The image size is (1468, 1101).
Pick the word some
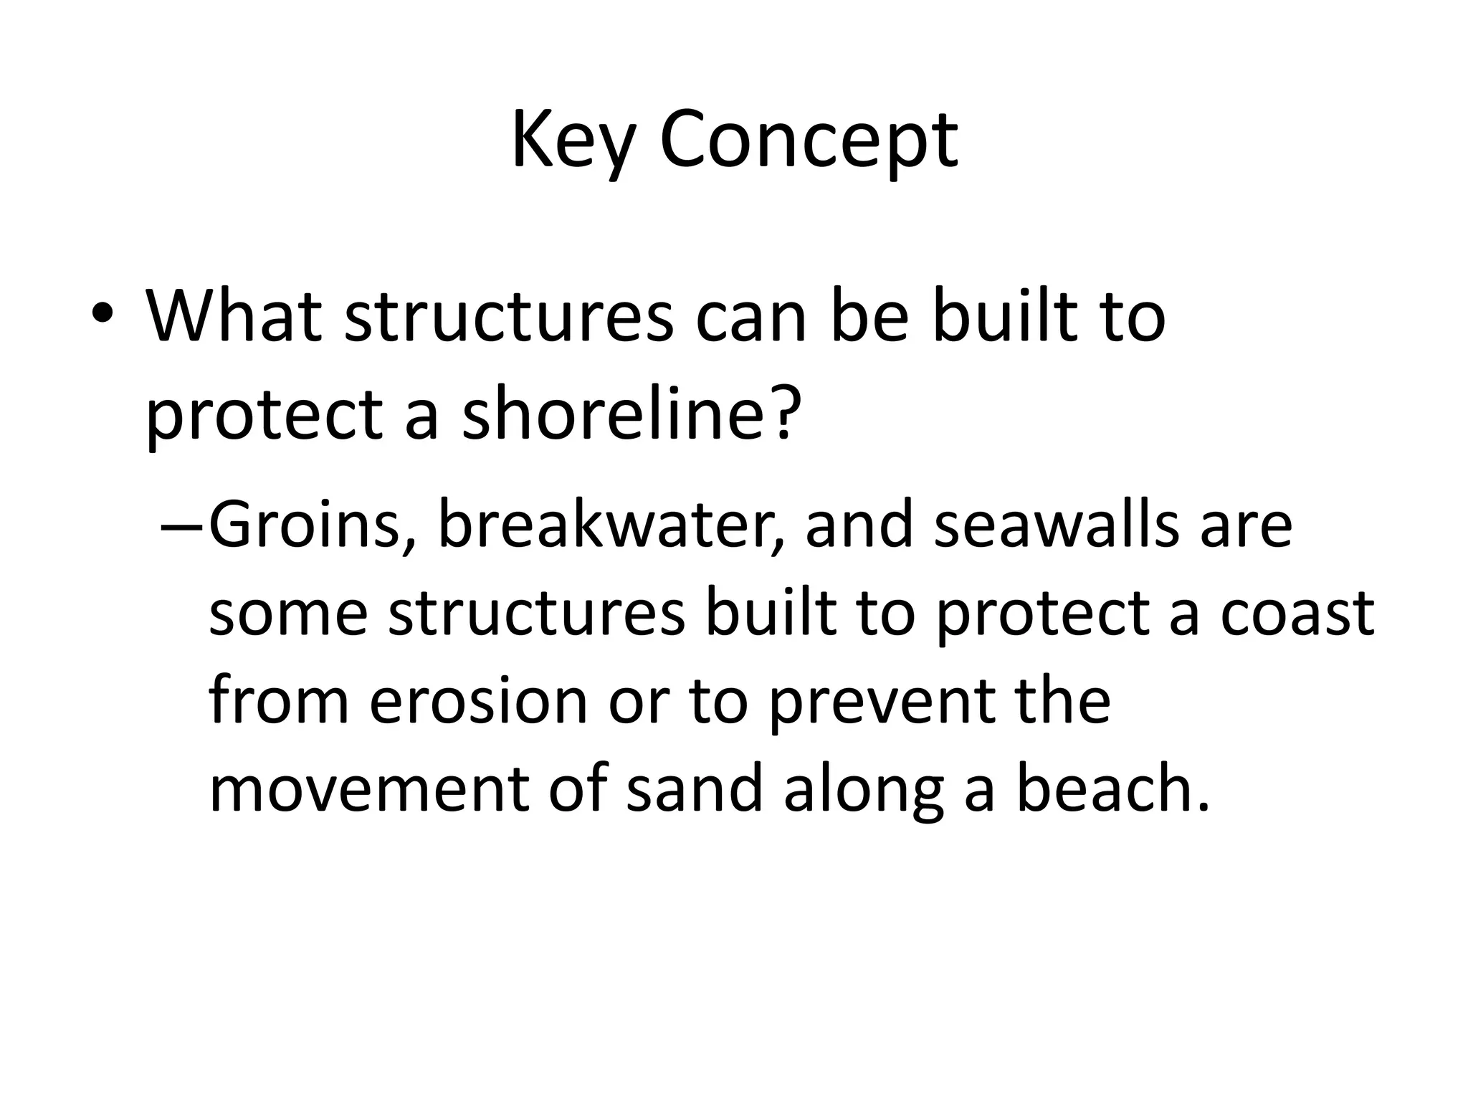coord(288,615)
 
